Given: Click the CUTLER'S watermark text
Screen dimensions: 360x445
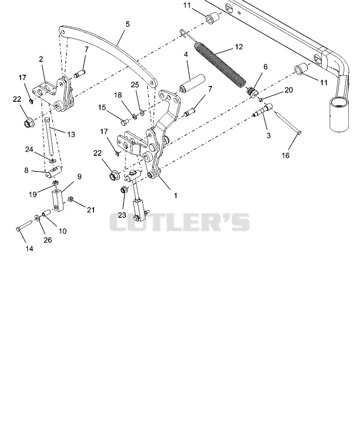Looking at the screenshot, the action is (x=180, y=222).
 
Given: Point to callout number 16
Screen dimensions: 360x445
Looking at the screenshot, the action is (x=285, y=155).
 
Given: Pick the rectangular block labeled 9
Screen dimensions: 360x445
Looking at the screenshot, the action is (x=57, y=202).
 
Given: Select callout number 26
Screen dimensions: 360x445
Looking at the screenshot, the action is (x=48, y=240).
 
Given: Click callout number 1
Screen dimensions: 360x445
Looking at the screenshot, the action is (x=175, y=195).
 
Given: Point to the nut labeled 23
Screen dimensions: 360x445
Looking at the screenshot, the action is (x=124, y=190).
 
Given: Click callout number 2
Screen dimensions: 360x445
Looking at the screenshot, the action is (x=41, y=59).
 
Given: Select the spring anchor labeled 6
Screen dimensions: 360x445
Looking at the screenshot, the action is (x=252, y=92).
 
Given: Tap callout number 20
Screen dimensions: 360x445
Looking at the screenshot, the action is (x=288, y=90).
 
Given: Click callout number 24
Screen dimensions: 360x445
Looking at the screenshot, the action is (x=29, y=149).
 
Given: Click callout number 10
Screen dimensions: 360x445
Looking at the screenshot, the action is (x=63, y=231).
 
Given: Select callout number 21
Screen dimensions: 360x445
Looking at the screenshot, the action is (x=91, y=210).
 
